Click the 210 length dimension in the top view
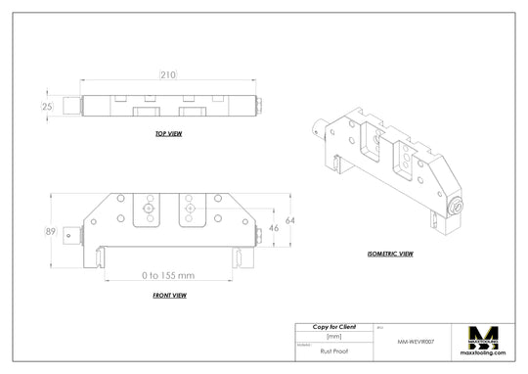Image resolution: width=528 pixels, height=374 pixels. pyautogui.click(x=168, y=74)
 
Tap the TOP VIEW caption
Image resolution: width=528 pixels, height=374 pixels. pyautogui.click(x=169, y=133)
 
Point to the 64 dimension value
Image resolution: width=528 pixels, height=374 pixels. pyautogui.click(x=289, y=219)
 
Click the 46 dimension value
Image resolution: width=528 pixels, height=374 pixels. pyautogui.click(x=276, y=226)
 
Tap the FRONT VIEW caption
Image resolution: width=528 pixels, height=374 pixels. pyautogui.click(x=169, y=295)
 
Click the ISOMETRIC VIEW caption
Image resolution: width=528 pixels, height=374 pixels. pyautogui.click(x=390, y=253)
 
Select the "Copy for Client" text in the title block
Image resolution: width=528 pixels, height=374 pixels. pyautogui.click(x=333, y=326)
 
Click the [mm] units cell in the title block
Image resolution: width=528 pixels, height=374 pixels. pyautogui.click(x=333, y=335)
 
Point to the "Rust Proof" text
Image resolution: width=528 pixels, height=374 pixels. pyautogui.click(x=333, y=349)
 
